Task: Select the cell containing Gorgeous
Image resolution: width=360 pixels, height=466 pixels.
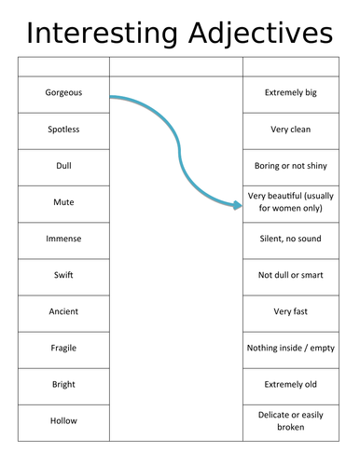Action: pos(63,93)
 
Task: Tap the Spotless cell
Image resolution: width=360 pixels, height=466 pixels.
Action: pos(63,130)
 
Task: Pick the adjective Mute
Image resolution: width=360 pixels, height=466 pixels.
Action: pos(63,202)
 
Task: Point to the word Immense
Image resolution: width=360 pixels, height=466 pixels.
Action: pos(63,239)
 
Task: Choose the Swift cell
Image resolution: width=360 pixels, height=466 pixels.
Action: pos(63,275)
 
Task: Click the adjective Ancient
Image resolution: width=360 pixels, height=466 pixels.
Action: pos(63,311)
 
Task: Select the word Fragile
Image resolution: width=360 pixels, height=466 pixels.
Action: pos(63,348)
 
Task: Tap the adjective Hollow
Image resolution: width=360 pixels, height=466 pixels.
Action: pos(63,420)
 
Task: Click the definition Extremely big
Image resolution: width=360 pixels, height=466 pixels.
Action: pos(292,93)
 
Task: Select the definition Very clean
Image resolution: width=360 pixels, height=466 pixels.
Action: pos(292,130)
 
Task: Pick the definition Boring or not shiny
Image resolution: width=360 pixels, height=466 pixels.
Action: pos(292,166)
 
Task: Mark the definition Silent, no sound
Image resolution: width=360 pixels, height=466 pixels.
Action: pos(292,239)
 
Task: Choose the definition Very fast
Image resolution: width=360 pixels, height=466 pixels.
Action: pos(292,311)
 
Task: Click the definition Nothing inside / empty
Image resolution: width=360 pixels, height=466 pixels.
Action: pos(292,348)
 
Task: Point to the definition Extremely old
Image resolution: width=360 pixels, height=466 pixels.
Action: pos(292,384)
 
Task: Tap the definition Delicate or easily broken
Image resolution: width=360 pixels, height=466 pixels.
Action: pos(292,420)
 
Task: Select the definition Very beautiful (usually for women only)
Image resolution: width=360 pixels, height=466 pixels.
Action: pos(292,202)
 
